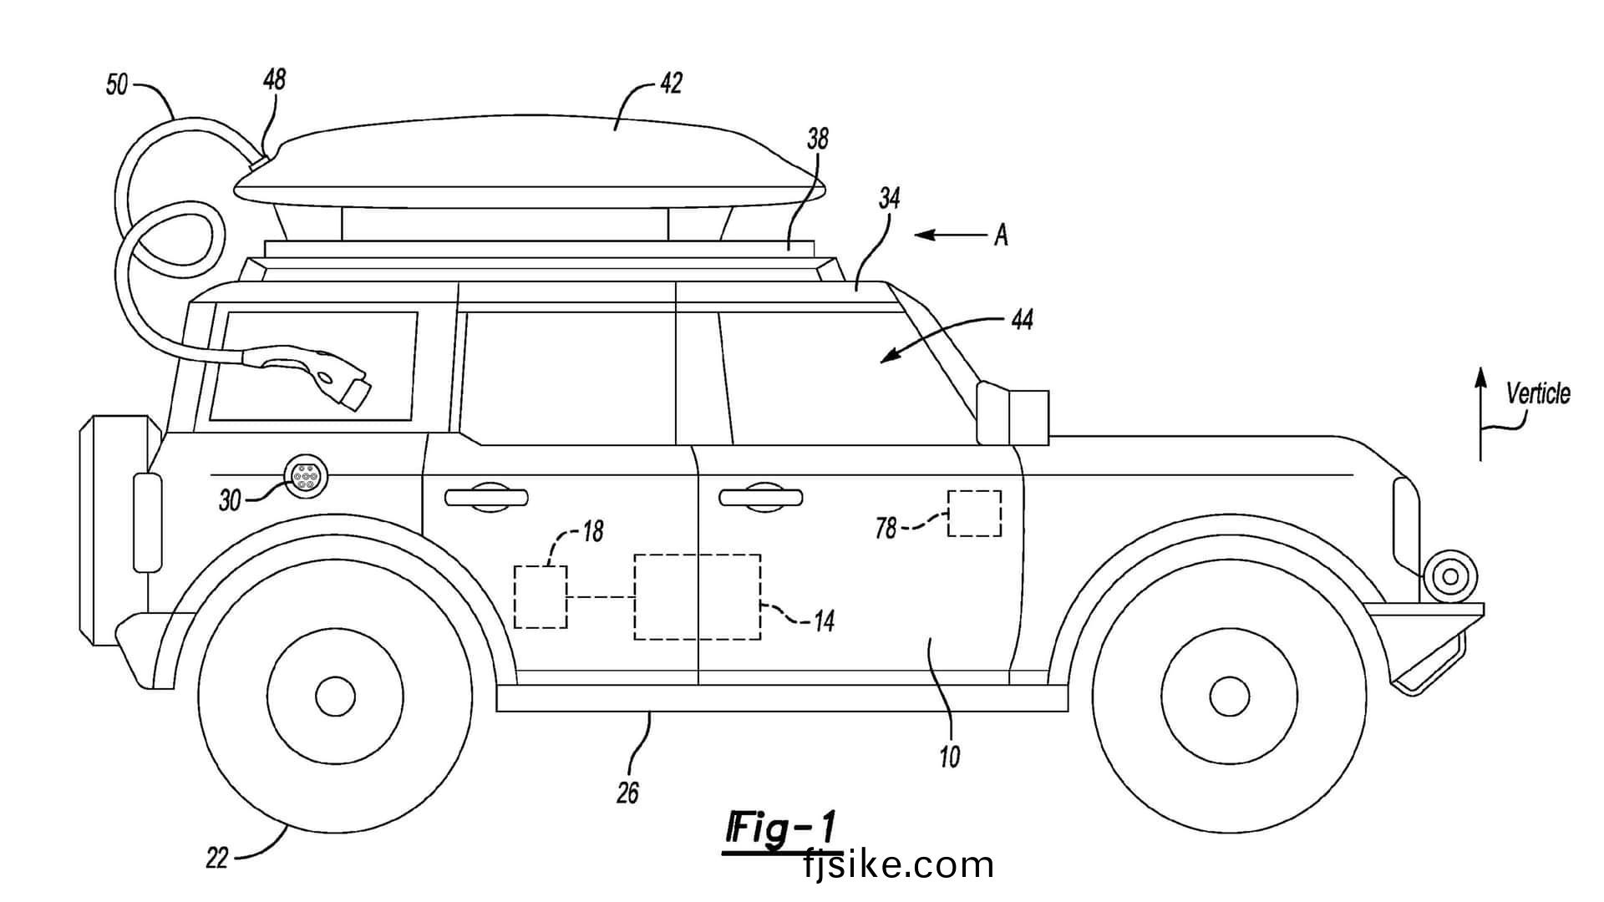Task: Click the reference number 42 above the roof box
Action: [671, 83]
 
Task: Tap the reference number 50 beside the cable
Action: [118, 84]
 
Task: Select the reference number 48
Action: [274, 79]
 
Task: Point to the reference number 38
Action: [817, 139]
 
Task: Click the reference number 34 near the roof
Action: [889, 199]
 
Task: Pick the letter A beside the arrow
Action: [1001, 236]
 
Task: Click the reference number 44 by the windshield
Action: [1023, 319]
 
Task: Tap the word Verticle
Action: [1537, 393]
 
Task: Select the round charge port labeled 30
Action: [306, 478]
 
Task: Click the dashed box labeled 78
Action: [974, 513]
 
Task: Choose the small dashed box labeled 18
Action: [541, 596]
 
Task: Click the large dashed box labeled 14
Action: [698, 596]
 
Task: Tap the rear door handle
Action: [486, 497]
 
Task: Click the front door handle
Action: [761, 497]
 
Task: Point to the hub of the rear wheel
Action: [336, 696]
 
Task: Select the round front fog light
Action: [1451, 575]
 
